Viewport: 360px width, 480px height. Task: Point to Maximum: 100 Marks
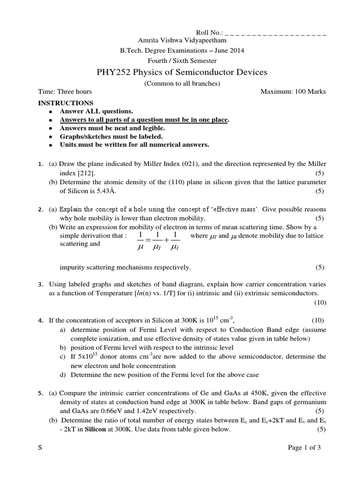(293, 91)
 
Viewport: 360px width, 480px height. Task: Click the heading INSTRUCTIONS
(66, 103)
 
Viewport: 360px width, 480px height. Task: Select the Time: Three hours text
(65, 91)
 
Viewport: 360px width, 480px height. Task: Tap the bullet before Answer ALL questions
(50, 112)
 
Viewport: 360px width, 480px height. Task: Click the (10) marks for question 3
(320, 302)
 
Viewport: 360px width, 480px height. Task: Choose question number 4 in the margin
(40, 321)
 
